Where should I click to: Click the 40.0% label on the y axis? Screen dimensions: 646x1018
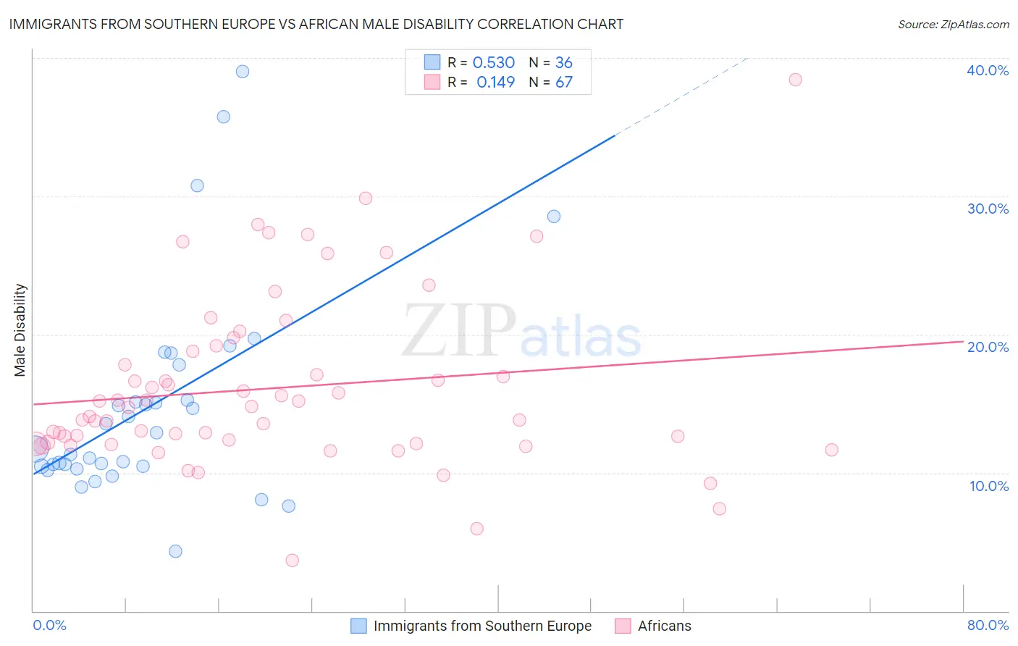click(x=988, y=70)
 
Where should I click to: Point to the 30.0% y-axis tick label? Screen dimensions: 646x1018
click(x=988, y=209)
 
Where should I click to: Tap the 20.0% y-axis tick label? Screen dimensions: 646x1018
click(x=988, y=347)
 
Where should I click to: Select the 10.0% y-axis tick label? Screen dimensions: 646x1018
click(x=989, y=486)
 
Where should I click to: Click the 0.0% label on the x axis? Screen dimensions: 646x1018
click(x=49, y=625)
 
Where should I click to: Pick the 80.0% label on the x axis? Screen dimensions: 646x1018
click(x=988, y=625)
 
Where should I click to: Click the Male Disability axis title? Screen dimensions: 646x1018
click(x=20, y=330)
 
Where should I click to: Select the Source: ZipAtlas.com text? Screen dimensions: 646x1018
click(x=953, y=25)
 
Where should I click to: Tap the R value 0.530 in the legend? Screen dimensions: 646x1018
click(x=493, y=63)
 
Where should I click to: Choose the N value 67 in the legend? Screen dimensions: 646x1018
click(x=563, y=83)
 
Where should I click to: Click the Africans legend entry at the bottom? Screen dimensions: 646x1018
click(x=664, y=626)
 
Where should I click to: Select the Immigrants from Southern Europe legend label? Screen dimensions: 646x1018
click(x=482, y=626)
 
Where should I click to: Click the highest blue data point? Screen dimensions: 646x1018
click(x=243, y=72)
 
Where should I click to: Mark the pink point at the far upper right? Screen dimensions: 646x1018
click(x=795, y=80)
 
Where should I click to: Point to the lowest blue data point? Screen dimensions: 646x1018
click(x=175, y=551)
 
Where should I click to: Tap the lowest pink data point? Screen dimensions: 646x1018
click(x=293, y=560)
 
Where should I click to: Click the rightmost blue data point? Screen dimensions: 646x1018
click(x=554, y=217)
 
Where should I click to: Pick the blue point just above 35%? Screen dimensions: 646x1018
click(x=224, y=117)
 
